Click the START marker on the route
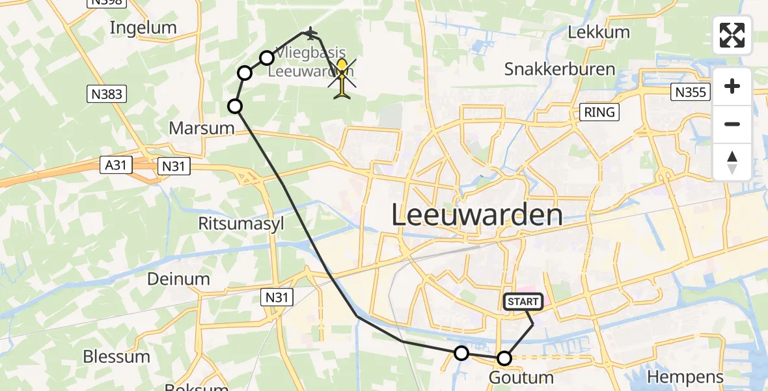point(523,302)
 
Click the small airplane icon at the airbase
point(310,33)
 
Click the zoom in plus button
point(732,87)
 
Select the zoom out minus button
point(732,124)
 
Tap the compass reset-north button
point(732,162)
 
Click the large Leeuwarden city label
point(476,215)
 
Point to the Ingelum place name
point(143,27)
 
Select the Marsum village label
point(201,128)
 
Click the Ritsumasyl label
point(241,224)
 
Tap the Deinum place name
point(178,279)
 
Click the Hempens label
point(685,377)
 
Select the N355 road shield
point(690,93)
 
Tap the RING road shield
point(599,112)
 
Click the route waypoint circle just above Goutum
point(504,358)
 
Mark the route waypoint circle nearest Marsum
point(235,106)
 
